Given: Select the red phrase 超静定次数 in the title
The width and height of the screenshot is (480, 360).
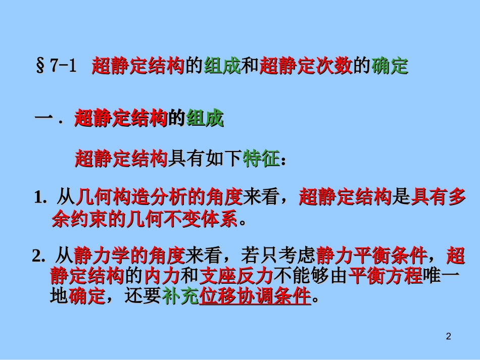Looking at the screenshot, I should (306, 67).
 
